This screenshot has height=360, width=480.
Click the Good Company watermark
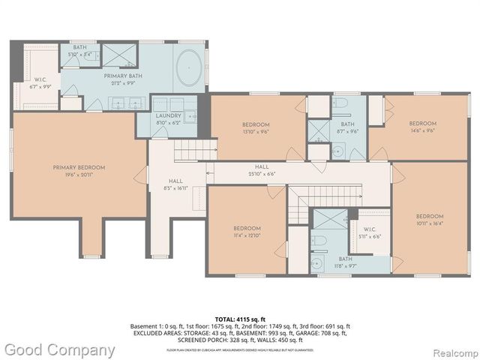tap(59, 349)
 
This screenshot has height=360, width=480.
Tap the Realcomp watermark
tap(453, 350)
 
